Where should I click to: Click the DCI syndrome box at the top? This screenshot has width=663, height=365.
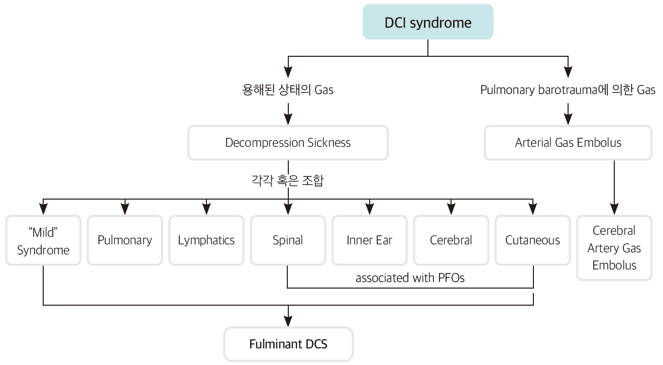click(x=428, y=23)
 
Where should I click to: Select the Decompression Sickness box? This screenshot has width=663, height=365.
click(x=288, y=143)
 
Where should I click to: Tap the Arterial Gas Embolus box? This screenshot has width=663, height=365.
click(x=568, y=143)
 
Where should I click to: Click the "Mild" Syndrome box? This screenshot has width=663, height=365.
click(x=43, y=241)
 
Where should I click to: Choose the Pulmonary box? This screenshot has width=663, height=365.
click(x=125, y=240)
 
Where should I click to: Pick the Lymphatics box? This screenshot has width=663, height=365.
click(x=206, y=240)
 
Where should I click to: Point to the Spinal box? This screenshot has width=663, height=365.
click(x=288, y=240)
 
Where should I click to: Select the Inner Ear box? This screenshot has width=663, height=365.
click(x=369, y=240)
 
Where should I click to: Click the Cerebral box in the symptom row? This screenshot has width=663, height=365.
click(x=451, y=240)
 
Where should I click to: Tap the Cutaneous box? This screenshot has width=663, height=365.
click(x=532, y=240)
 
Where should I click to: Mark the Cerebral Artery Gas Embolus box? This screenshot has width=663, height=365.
click(x=614, y=248)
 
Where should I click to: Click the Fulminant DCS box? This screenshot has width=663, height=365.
click(x=288, y=344)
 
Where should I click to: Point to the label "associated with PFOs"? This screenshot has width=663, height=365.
click(x=410, y=278)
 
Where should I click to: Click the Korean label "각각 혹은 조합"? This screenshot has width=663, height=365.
click(x=287, y=181)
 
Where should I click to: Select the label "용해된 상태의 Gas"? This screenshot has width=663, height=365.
click(x=288, y=90)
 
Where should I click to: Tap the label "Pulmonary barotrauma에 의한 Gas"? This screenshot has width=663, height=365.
click(x=568, y=90)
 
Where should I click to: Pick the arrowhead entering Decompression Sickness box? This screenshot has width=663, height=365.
click(x=288, y=120)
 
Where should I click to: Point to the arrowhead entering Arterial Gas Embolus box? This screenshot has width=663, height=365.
click(x=568, y=120)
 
